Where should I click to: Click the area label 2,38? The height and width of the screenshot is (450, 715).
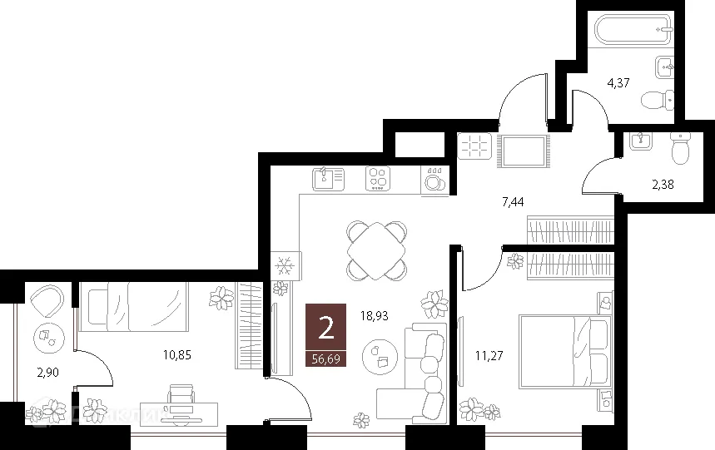click(x=663, y=185)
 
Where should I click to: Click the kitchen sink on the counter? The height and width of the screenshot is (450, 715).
click(x=328, y=177)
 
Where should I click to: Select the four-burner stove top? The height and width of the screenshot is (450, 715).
click(x=379, y=178)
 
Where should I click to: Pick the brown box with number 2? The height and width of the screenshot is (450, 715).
click(x=326, y=327)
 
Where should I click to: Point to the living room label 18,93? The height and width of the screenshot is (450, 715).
click(x=375, y=316)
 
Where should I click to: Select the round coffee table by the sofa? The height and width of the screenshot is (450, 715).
click(x=381, y=355)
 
